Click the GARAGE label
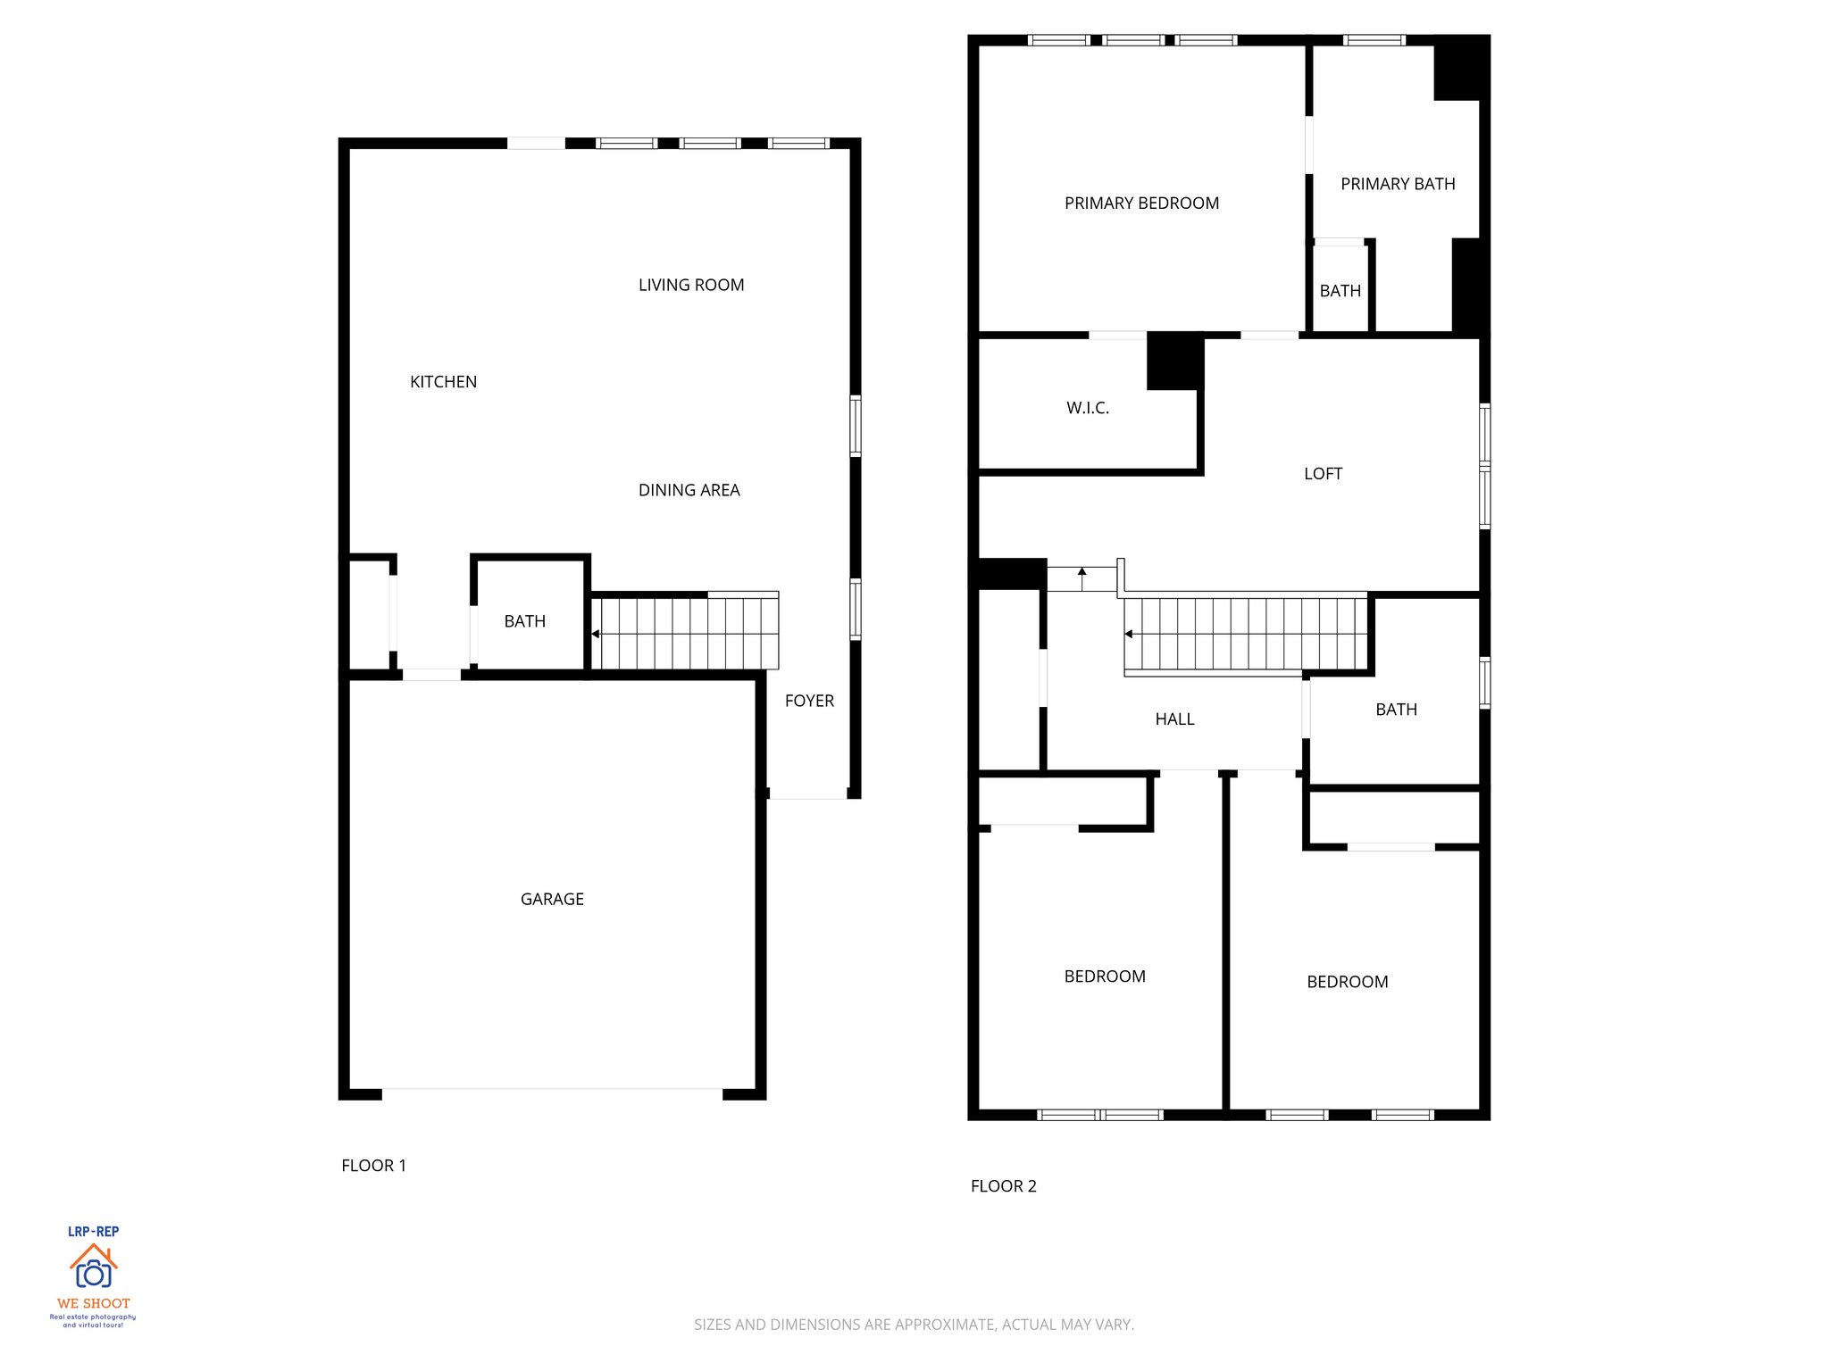click(x=552, y=899)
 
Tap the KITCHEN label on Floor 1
click(x=443, y=382)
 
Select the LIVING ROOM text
click(x=691, y=285)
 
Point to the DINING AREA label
click(x=689, y=490)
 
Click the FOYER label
click(x=809, y=701)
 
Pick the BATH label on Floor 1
click(x=524, y=621)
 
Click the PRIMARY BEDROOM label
click(x=1141, y=204)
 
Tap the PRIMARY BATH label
click(x=1398, y=184)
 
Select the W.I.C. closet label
click(x=1088, y=408)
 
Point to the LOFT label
click(x=1323, y=474)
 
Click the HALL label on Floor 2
click(x=1174, y=719)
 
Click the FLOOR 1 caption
click(x=373, y=1166)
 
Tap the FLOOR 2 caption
click(x=1003, y=1186)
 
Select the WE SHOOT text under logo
click(x=93, y=1303)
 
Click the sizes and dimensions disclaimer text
click(x=914, y=1325)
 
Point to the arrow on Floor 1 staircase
click(x=596, y=634)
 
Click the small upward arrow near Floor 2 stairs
click(x=1082, y=573)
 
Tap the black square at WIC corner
click(x=1174, y=361)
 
